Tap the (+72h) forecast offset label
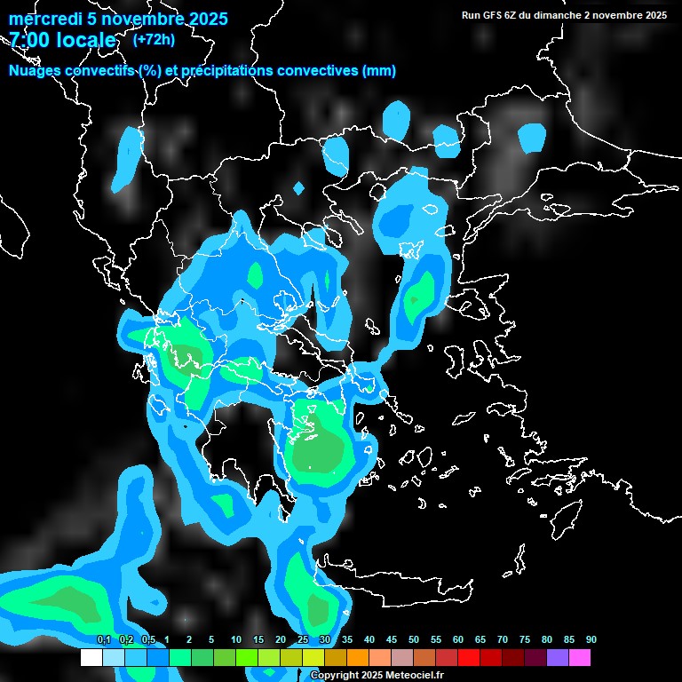[154, 40]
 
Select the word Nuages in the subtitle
[35, 71]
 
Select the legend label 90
[591, 640]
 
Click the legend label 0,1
[104, 640]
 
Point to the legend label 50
[414, 640]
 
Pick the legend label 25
[303, 640]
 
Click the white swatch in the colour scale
[91, 658]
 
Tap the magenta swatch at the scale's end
[579, 658]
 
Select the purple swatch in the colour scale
[557, 658]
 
